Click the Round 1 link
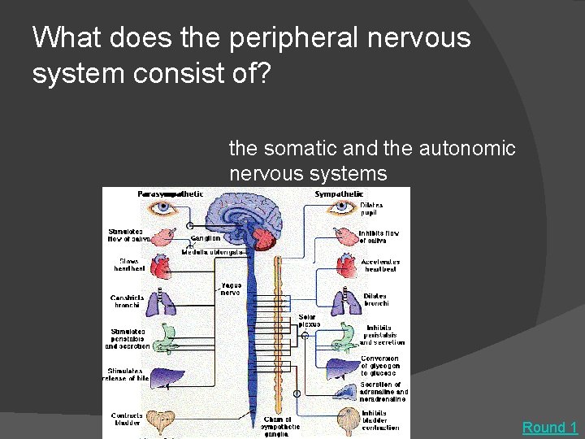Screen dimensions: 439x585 click(549, 428)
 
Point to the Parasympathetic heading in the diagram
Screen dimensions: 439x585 click(170, 193)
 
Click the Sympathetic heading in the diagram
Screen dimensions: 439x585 click(338, 193)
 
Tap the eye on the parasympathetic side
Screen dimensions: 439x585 click(165, 208)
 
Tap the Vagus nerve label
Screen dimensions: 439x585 click(230, 289)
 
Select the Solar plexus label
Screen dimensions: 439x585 click(309, 320)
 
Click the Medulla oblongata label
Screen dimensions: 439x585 click(213, 253)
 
